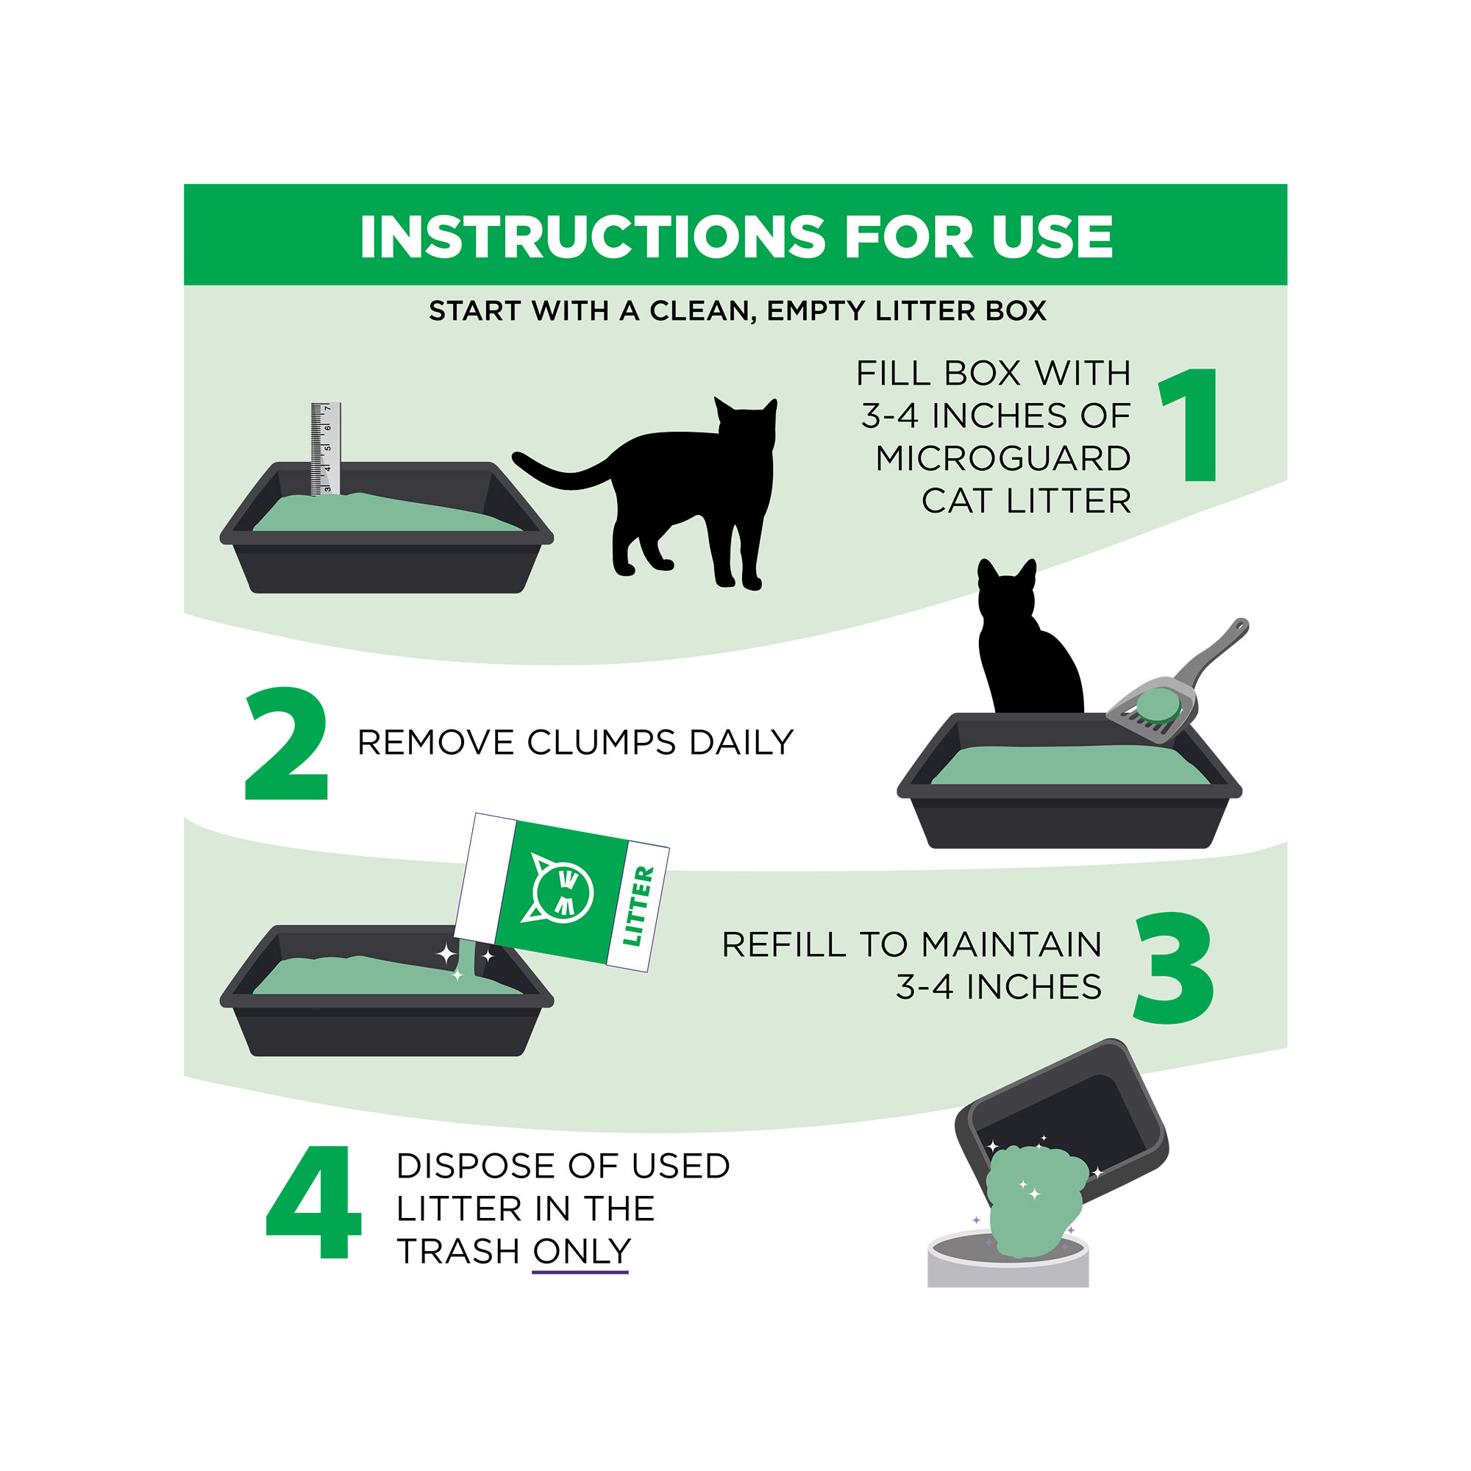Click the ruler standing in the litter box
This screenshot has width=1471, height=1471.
click(x=325, y=449)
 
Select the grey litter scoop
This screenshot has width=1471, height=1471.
click(x=1177, y=683)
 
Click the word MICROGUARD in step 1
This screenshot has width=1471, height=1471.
click(x=1002, y=458)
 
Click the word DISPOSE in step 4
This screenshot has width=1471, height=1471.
click(x=477, y=1166)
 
